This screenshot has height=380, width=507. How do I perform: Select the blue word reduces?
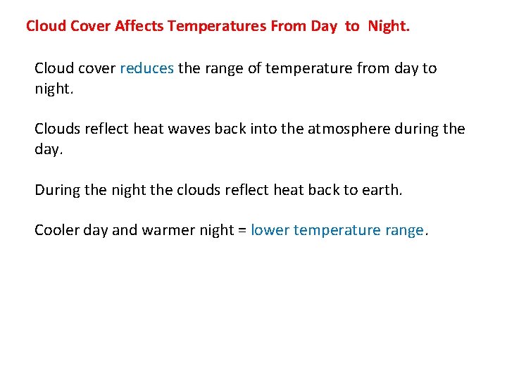click(146, 68)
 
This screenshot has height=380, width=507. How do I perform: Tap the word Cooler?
click(56, 230)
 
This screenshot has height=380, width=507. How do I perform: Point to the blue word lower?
click(269, 230)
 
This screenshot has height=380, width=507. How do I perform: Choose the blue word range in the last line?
click(404, 230)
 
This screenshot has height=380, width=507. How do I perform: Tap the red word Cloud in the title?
click(45, 27)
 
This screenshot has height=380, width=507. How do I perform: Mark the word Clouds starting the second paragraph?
click(57, 129)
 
